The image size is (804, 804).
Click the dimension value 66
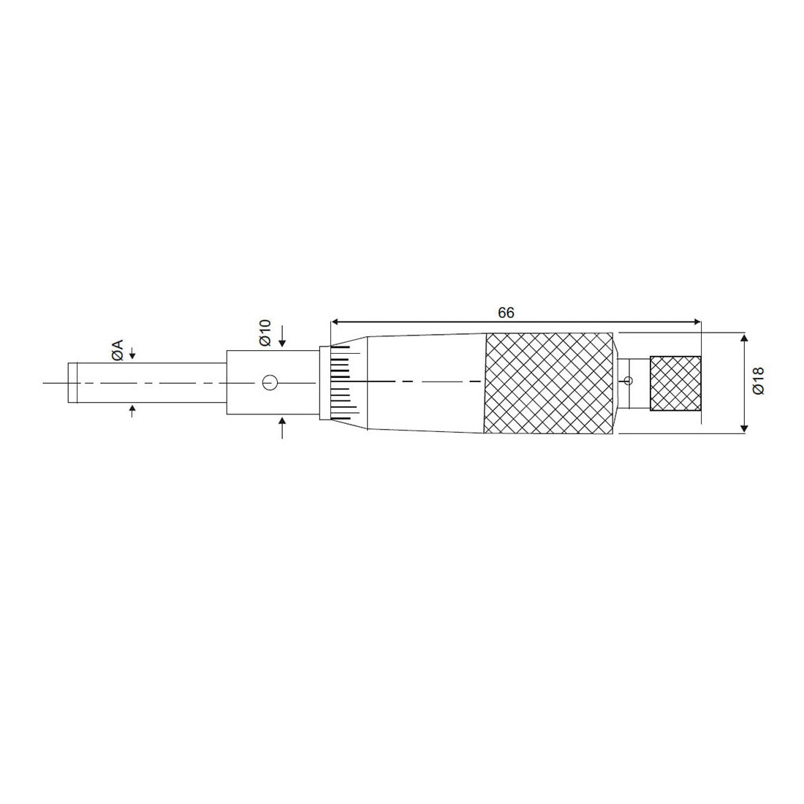(506, 312)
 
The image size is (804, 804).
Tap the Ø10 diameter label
(265, 333)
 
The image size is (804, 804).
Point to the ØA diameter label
(117, 349)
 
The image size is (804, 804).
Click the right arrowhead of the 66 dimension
(696, 321)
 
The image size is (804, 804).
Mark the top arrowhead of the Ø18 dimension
(744, 338)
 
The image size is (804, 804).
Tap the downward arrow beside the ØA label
(132, 354)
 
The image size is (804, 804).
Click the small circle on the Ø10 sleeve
(269, 382)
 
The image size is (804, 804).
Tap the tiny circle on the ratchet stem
(629, 380)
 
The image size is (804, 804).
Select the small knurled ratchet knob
(675, 383)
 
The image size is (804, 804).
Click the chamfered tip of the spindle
(72, 382)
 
